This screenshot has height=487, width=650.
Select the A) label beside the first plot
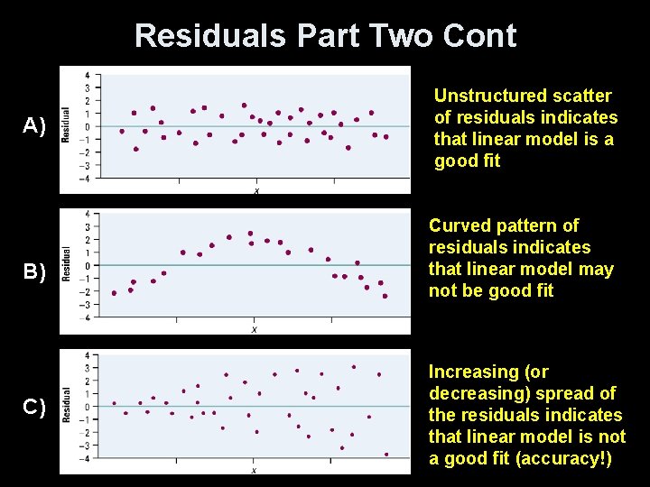pyautogui.click(x=33, y=125)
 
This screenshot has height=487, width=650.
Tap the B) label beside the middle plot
pyautogui.click(x=33, y=271)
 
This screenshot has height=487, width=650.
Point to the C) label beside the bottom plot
pyautogui.click(x=33, y=408)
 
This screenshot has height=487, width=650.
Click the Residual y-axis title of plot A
pyautogui.click(x=66, y=125)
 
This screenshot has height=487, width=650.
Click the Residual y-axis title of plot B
pyautogui.click(x=66, y=263)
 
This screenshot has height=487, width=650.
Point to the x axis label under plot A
pyautogui.click(x=256, y=190)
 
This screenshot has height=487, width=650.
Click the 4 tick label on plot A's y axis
pyautogui.click(x=86, y=75)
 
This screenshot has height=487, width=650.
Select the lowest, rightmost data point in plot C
pyautogui.click(x=386, y=455)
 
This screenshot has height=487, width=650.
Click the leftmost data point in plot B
pyautogui.click(x=114, y=293)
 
